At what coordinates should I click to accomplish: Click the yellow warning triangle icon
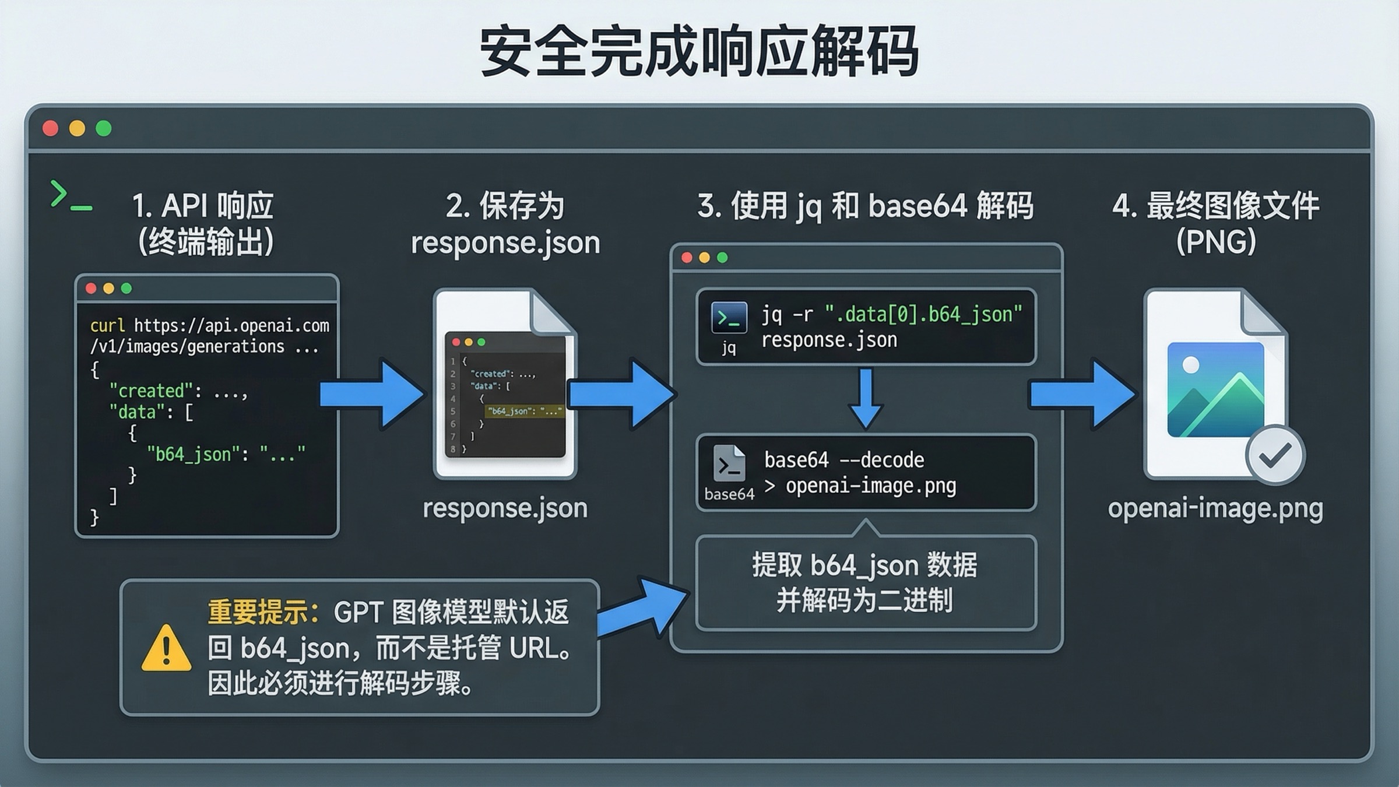tap(166, 649)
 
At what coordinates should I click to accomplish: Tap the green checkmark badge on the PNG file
tap(1275, 455)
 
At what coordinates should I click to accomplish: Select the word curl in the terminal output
tap(107, 325)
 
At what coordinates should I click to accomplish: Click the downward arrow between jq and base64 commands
tap(866, 399)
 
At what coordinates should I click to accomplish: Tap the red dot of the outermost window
tap(51, 128)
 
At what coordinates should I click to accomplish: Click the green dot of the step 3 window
tap(722, 258)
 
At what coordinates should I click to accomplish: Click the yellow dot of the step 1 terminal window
tap(108, 288)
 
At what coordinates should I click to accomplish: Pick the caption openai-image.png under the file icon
tap(1215, 508)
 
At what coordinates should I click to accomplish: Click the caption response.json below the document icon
tap(505, 508)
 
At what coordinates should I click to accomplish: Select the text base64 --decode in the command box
tap(844, 460)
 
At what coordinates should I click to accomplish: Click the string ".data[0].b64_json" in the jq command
tap(924, 315)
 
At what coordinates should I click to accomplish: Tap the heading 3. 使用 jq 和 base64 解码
tap(866, 206)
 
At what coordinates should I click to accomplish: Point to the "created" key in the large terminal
tap(151, 391)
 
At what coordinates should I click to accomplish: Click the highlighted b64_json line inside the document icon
tap(524, 411)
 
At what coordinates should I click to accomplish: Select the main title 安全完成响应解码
tap(699, 51)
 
